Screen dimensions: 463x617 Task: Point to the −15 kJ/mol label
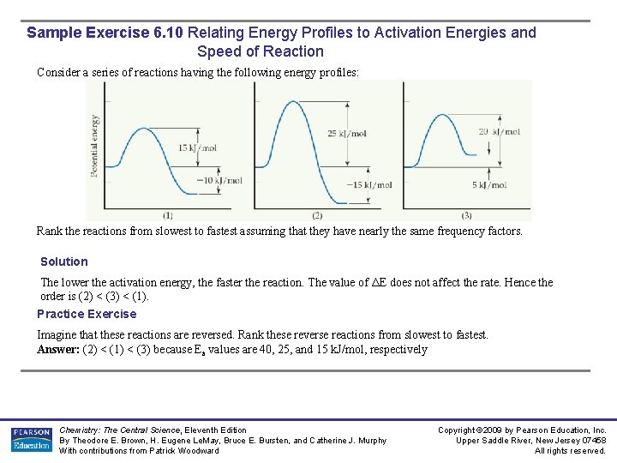368,185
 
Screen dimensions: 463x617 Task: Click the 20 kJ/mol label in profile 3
500,132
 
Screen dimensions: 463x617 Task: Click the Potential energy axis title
94,146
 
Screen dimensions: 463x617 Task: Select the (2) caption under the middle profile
316,214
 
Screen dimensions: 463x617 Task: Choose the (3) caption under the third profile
466,214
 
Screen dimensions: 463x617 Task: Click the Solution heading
64,262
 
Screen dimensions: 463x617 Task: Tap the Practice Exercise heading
87,314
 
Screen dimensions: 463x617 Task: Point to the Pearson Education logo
32,439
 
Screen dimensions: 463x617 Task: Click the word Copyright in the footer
458,430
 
